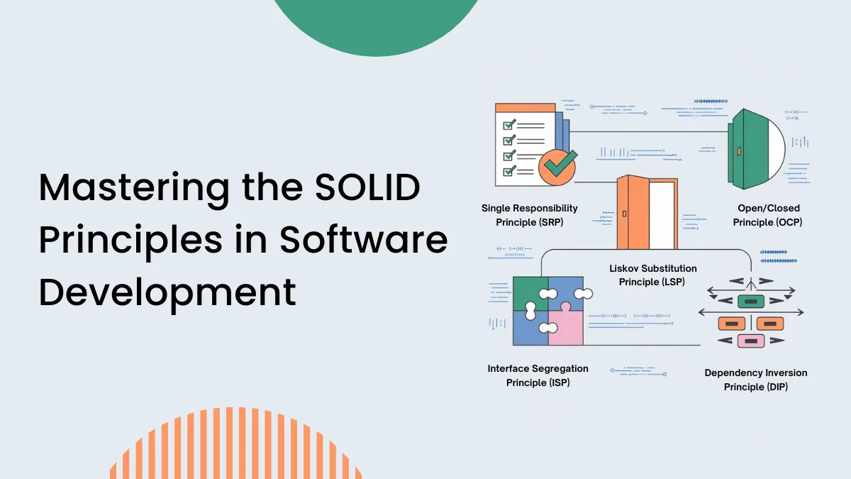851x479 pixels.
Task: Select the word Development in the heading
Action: coord(167,292)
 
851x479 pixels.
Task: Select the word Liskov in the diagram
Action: coord(628,268)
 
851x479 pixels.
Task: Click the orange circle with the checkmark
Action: coord(557,166)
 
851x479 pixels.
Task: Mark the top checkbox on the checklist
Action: coord(508,124)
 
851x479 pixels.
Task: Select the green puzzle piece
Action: coord(528,292)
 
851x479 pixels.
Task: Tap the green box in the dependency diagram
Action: coord(750,302)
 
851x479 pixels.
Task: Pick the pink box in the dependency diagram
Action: coord(750,341)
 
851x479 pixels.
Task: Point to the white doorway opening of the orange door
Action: coord(662,214)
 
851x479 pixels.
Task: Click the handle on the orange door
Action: coord(623,213)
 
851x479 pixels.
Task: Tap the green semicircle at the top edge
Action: coord(377,21)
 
